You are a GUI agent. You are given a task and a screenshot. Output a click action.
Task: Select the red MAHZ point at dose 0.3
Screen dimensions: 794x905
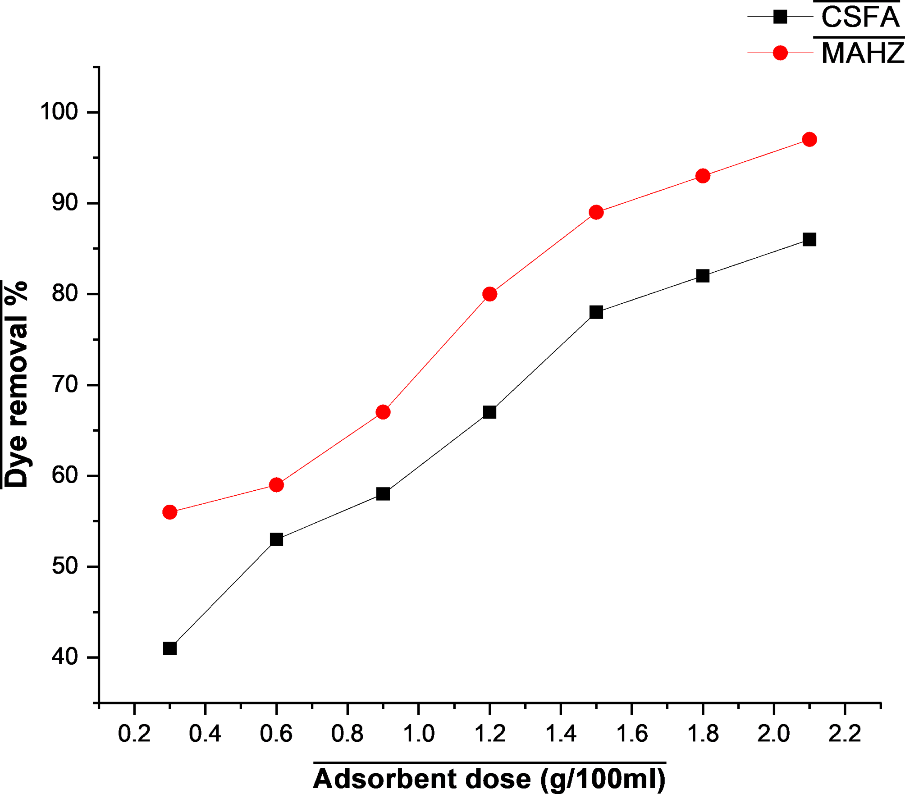click(170, 512)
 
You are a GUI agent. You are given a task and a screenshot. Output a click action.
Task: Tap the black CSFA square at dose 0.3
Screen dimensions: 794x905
click(170, 648)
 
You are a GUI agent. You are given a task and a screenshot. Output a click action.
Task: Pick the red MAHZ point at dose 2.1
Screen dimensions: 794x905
click(809, 139)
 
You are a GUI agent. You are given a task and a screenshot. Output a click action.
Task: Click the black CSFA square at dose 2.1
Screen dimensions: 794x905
click(809, 240)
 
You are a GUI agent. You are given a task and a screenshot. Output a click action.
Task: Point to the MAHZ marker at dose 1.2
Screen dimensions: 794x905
click(489, 294)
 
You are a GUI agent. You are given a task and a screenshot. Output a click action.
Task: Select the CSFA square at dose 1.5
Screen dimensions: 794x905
click(596, 312)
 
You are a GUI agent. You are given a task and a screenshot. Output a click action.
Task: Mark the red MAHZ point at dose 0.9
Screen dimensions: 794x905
click(383, 412)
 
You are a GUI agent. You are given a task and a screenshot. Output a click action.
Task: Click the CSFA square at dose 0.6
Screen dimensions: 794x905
click(276, 539)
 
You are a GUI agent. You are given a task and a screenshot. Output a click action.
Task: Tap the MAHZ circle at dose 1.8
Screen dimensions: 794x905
click(703, 176)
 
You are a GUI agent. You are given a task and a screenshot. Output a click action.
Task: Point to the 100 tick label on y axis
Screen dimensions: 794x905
click(59, 111)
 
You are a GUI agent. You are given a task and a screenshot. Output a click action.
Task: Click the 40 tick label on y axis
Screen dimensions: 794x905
click(65, 657)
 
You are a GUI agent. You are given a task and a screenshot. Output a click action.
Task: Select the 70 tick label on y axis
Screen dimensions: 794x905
click(65, 384)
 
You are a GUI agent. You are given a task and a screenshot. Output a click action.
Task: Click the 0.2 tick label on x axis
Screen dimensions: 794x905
click(134, 734)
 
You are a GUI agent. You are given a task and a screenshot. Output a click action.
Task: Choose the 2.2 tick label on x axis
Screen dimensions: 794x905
click(845, 734)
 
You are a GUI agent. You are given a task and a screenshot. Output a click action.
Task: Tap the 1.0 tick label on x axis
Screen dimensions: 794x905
click(418, 734)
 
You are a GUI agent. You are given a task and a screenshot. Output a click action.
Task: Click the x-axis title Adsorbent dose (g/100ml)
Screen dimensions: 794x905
click(489, 779)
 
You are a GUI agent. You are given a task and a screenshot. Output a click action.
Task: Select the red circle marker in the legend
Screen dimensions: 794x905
click(780, 53)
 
